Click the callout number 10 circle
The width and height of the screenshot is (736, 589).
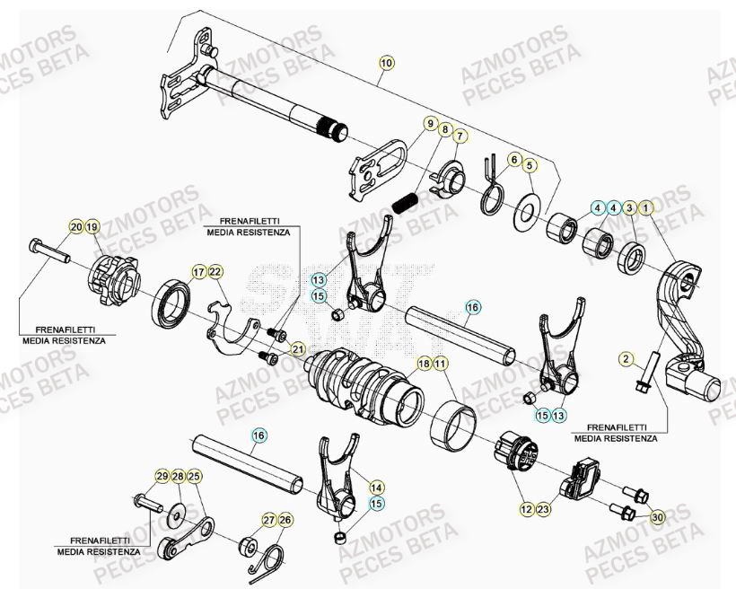point(386,63)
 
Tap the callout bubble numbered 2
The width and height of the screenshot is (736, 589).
point(625,359)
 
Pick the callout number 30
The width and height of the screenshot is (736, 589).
point(658,516)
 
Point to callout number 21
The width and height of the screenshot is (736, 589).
point(297,349)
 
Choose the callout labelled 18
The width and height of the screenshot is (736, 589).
point(423,364)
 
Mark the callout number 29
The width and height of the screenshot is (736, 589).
point(162,476)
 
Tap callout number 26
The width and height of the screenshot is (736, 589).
point(285,520)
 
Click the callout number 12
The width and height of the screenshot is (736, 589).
point(524,509)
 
